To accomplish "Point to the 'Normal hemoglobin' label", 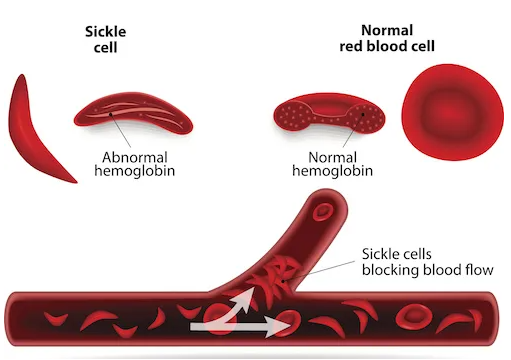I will click(334, 165).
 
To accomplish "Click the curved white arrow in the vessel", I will click(234, 304).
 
